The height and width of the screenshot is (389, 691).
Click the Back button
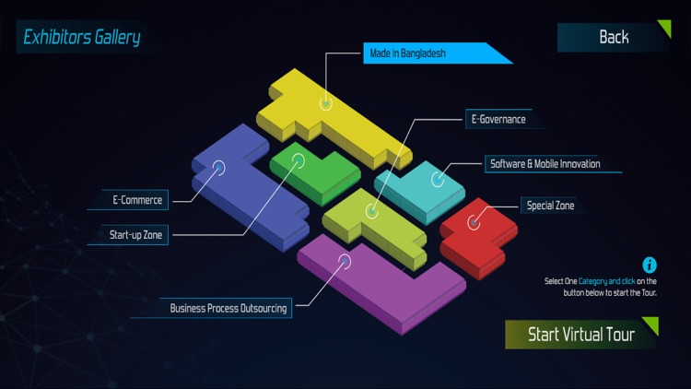[614, 37]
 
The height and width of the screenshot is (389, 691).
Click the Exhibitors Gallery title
[82, 37]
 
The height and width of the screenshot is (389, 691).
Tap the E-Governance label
[498, 119]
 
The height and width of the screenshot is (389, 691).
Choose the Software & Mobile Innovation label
[545, 164]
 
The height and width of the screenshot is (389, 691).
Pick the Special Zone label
[550, 206]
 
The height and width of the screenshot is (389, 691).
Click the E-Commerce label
[137, 200]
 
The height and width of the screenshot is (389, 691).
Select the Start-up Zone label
[135, 235]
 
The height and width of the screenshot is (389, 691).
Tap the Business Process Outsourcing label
[228, 308]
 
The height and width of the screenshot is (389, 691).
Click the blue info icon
[650, 265]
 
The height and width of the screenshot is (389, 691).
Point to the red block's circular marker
[474, 223]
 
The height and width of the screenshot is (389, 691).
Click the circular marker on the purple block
[345, 261]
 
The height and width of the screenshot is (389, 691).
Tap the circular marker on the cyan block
[438, 180]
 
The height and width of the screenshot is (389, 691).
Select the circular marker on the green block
[299, 160]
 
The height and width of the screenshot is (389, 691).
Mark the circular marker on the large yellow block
[325, 103]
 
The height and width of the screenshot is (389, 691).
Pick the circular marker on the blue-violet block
[218, 168]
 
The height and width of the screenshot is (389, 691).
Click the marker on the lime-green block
[372, 212]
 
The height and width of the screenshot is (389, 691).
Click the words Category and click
[606, 281]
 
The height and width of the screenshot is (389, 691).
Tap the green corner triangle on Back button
[664, 28]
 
